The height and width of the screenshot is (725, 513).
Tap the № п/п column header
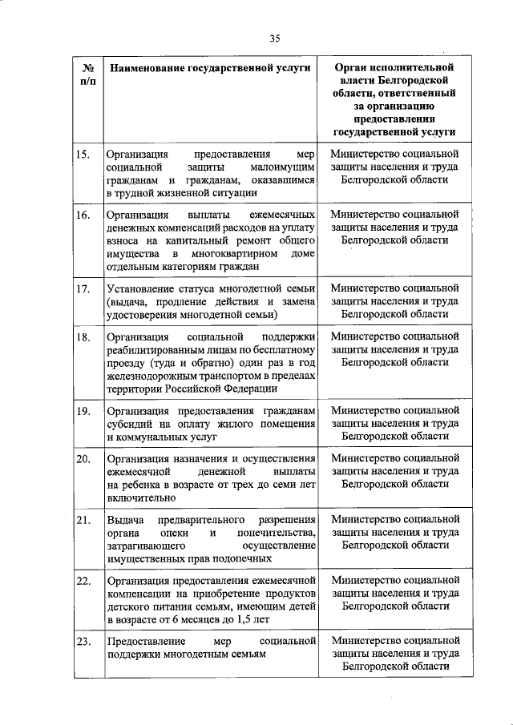[87, 76]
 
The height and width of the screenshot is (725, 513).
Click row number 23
[82, 642]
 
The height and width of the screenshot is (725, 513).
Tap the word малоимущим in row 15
[284, 167]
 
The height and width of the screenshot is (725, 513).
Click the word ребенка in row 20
[143, 485]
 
